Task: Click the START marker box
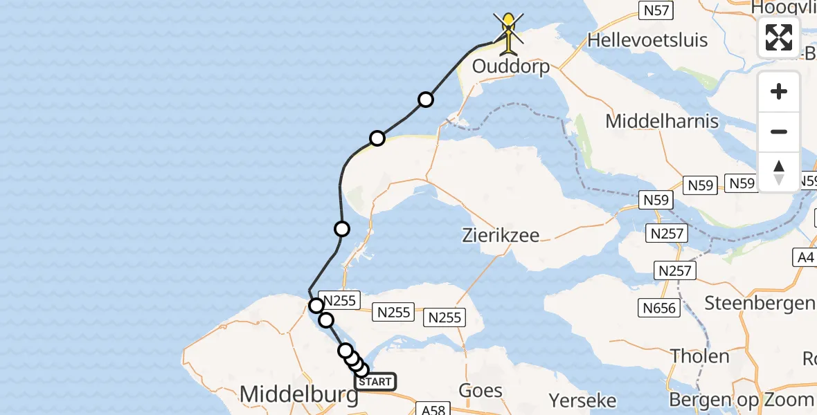[375, 381]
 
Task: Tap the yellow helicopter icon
[509, 33]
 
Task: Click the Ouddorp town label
[510, 66]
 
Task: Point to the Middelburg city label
[299, 395]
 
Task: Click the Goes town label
[481, 390]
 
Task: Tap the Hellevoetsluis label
[647, 40]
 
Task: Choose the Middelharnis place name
[662, 121]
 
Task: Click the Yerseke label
[582, 400]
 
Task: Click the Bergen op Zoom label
[741, 400]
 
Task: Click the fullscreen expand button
[779, 37]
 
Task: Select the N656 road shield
[658, 307]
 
